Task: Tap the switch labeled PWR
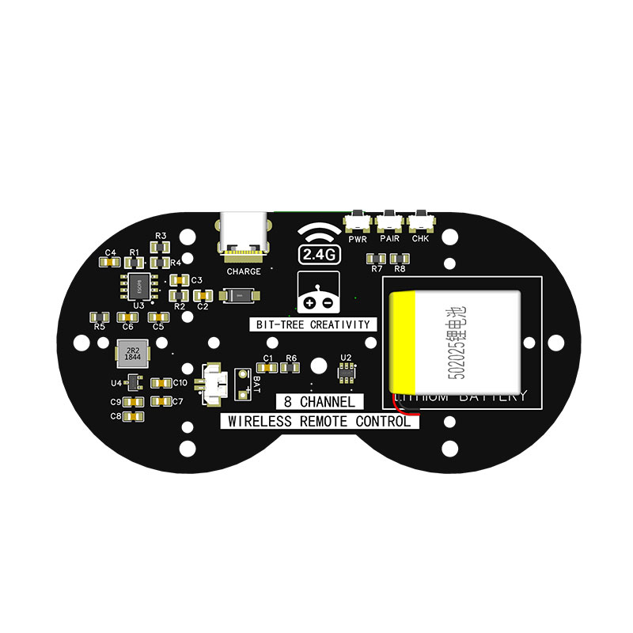pyautogui.click(x=358, y=220)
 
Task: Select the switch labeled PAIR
pyautogui.click(x=389, y=220)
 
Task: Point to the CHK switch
pyautogui.click(x=420, y=220)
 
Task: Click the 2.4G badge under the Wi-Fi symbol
pyautogui.click(x=318, y=254)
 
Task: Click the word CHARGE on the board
pyautogui.click(x=243, y=271)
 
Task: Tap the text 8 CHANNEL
pyautogui.click(x=319, y=402)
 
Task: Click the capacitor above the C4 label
pyautogui.click(x=111, y=263)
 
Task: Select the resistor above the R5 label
pyautogui.click(x=100, y=316)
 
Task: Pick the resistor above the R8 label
pyautogui.click(x=400, y=258)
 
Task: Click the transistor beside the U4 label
pyautogui.click(x=135, y=382)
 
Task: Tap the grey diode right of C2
pyautogui.click(x=237, y=295)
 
